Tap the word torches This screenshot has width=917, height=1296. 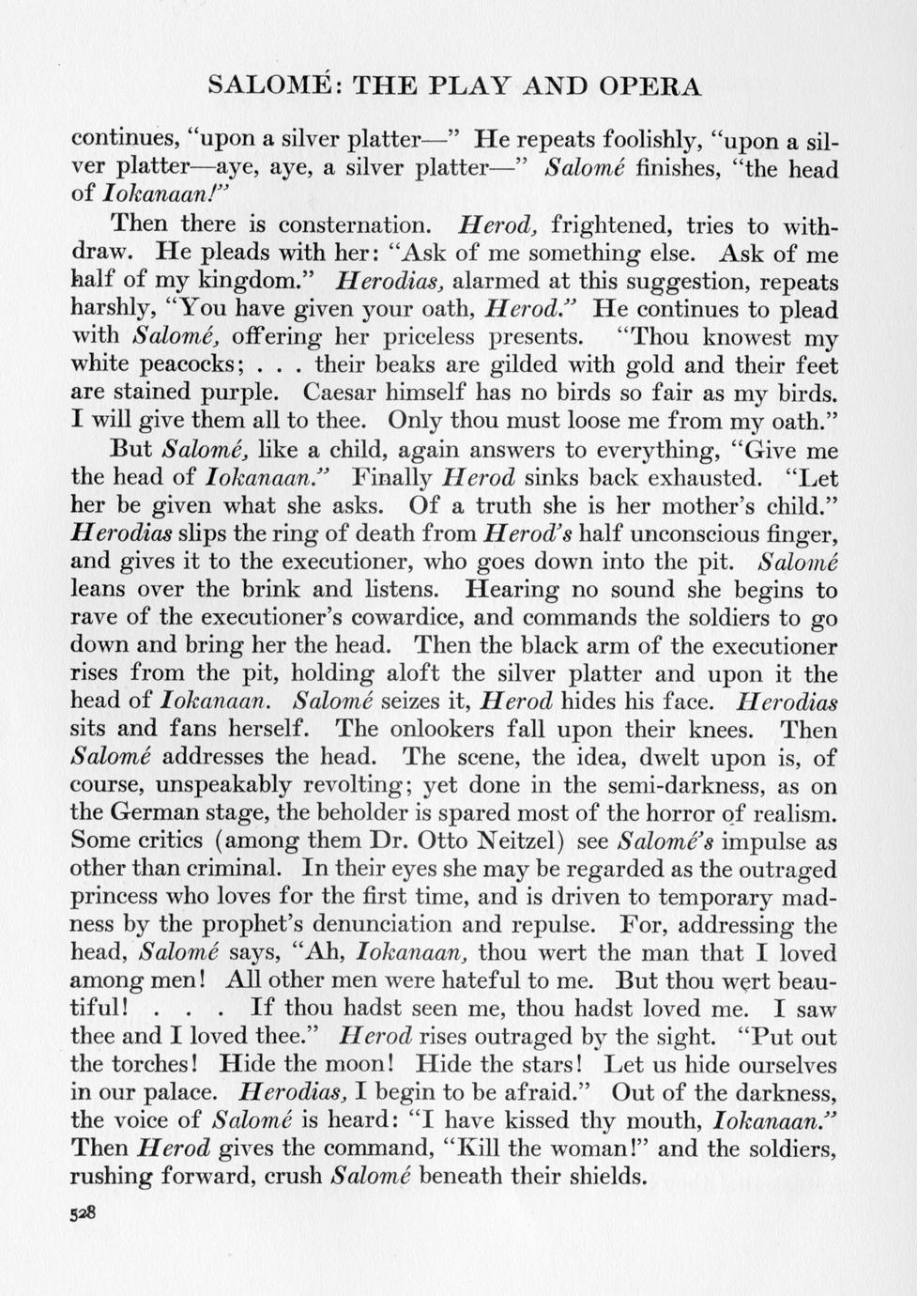154,1065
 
